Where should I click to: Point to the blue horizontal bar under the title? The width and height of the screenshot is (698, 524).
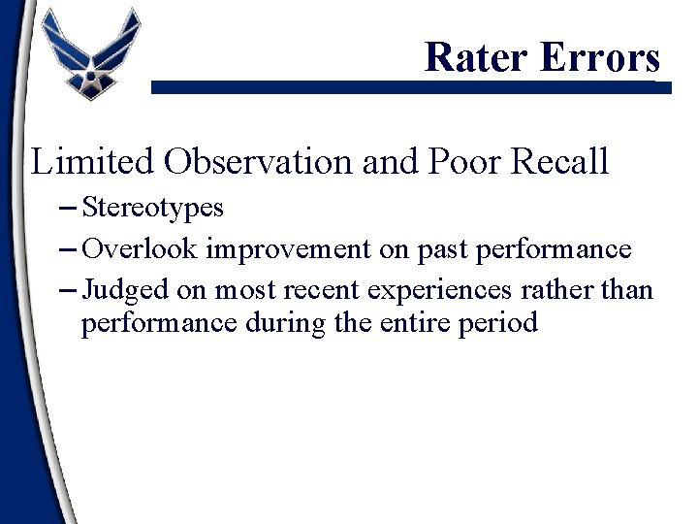pos(407,87)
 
